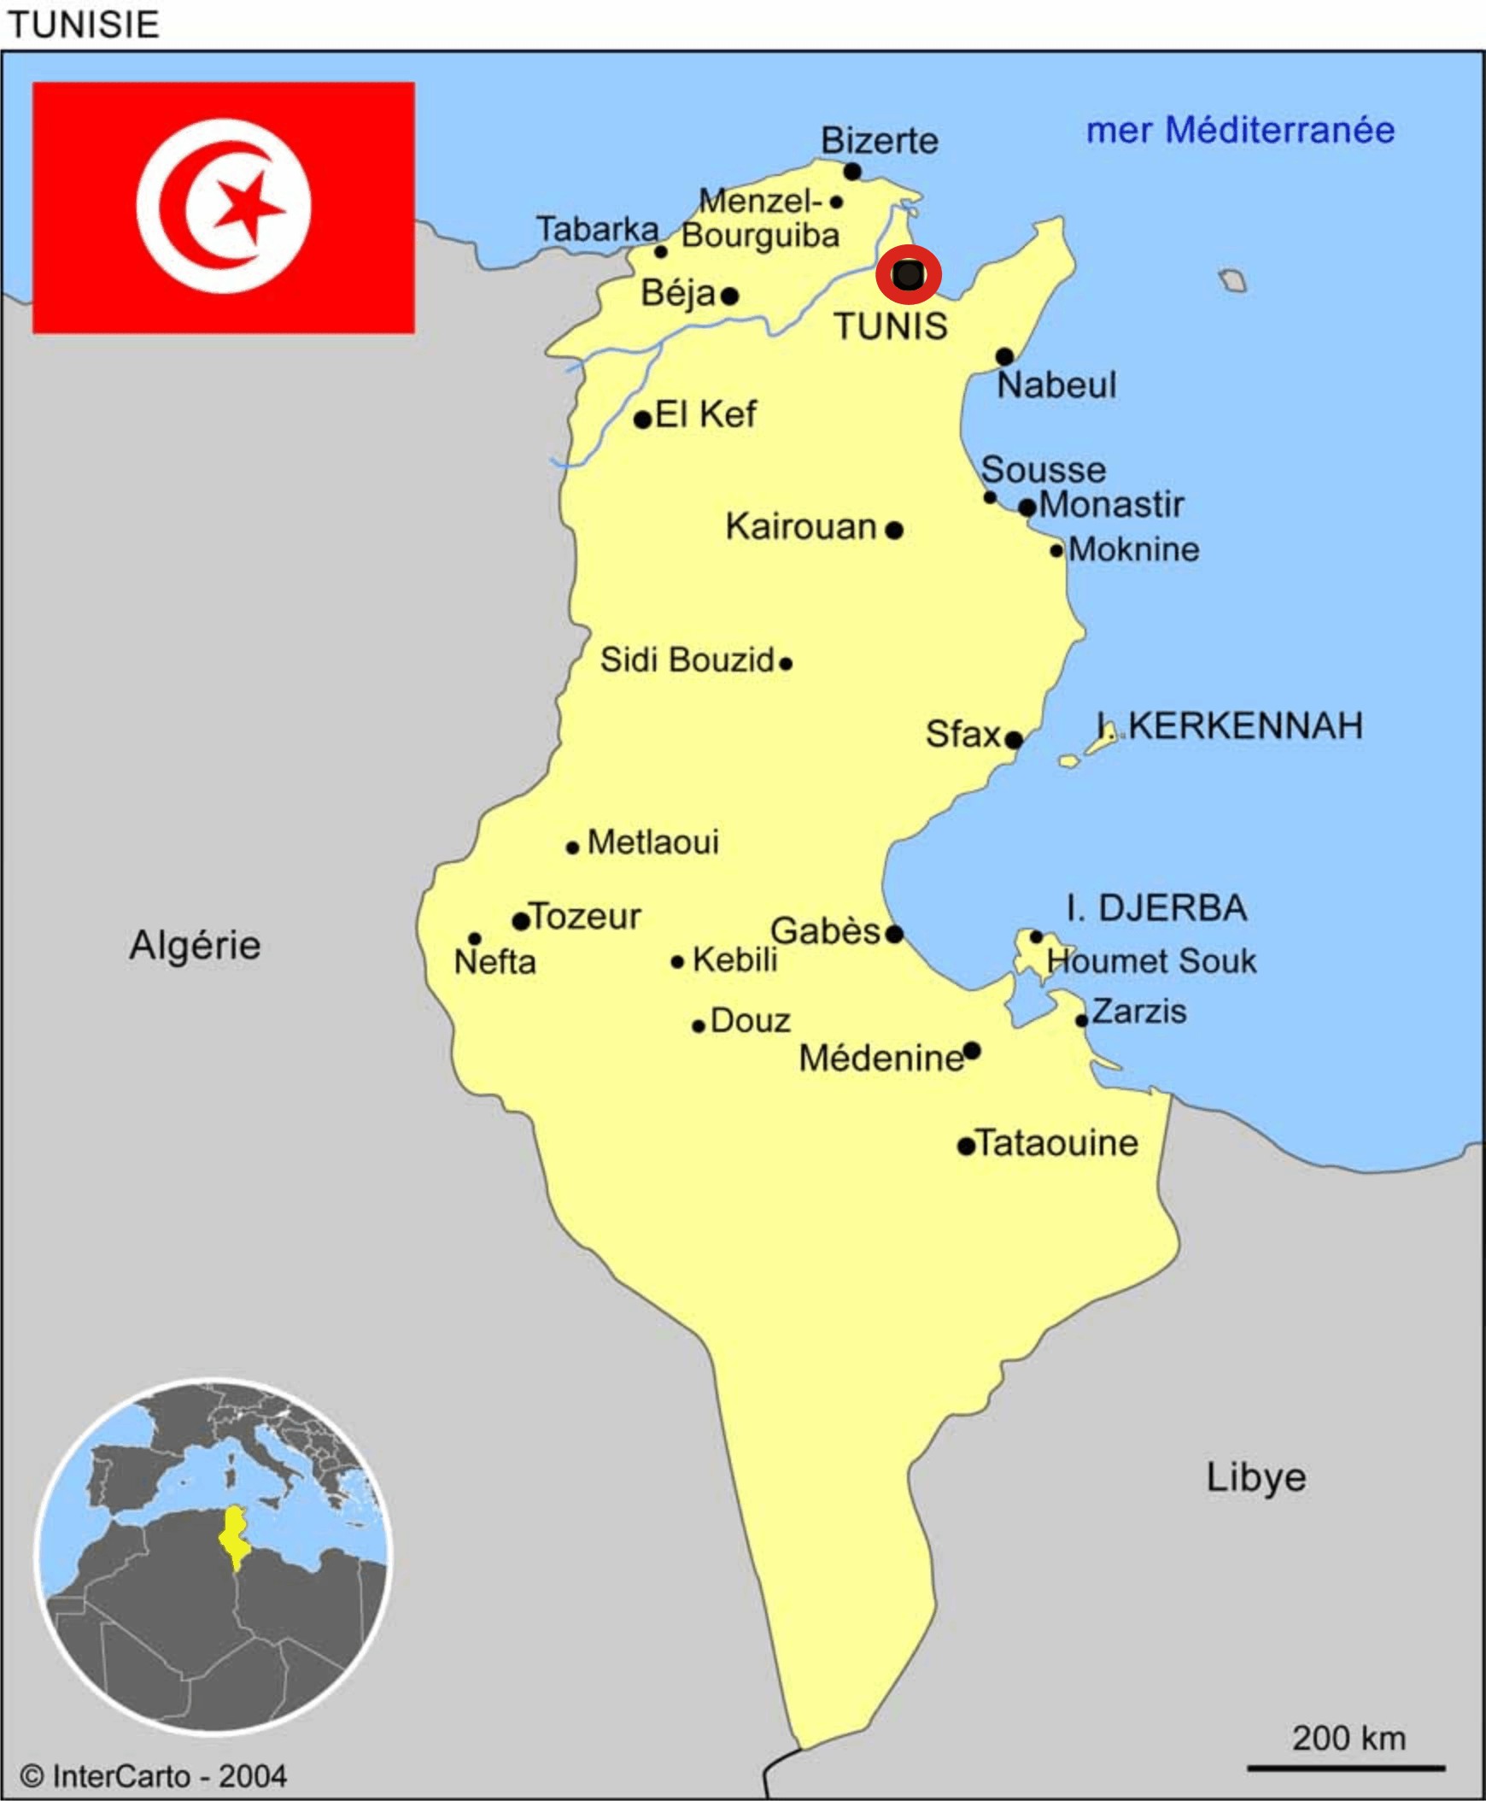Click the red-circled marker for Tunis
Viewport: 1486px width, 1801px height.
(x=908, y=275)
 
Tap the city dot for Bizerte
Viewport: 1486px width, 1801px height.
(x=851, y=172)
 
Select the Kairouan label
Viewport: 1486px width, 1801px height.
(x=801, y=526)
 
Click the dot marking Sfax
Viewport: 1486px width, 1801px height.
(x=1014, y=740)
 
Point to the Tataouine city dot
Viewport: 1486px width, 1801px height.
(x=967, y=1146)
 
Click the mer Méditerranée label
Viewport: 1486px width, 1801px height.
(x=1240, y=131)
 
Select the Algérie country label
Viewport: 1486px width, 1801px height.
(x=196, y=946)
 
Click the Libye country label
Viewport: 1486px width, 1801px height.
(x=1255, y=1477)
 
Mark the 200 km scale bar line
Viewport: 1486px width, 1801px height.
(x=1346, y=1768)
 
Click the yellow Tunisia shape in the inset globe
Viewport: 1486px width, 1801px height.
(x=234, y=1537)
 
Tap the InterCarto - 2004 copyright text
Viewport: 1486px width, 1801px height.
(x=154, y=1776)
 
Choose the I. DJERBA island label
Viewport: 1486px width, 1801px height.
(x=1156, y=908)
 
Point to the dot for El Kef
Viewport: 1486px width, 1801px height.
(x=643, y=419)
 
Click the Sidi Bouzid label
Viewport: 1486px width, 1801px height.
(x=687, y=660)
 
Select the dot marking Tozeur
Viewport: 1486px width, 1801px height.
(x=520, y=922)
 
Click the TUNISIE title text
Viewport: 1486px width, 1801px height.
(x=83, y=25)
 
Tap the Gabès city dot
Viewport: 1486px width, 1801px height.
(x=894, y=934)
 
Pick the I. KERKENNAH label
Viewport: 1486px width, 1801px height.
(x=1230, y=726)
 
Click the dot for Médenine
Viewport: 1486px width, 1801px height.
(x=972, y=1051)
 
